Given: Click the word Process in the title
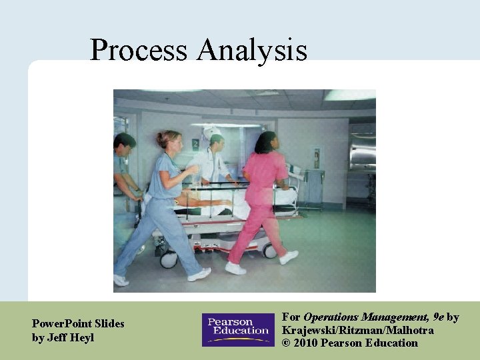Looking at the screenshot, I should click(x=139, y=51).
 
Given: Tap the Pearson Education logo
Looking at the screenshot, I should click(x=238, y=330).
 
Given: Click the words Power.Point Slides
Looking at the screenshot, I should click(x=78, y=323).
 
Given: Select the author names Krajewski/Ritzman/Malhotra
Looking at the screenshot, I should click(x=357, y=331).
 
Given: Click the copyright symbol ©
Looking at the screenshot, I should click(x=287, y=343).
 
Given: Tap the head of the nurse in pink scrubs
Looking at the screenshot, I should click(x=265, y=142).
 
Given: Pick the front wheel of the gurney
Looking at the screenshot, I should click(x=270, y=251).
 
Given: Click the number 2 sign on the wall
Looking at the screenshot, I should click(x=195, y=143).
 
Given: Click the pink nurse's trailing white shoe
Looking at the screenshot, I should click(x=235, y=268).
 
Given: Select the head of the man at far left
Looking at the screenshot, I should click(x=125, y=142).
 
